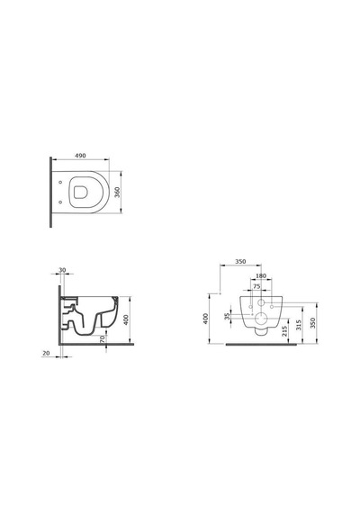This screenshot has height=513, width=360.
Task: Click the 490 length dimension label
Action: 80,156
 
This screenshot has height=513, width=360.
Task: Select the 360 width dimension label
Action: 118,192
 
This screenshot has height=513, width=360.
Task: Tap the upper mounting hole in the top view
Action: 60,182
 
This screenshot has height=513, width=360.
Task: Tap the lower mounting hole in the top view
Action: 60,202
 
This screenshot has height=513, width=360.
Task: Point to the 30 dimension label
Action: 62,270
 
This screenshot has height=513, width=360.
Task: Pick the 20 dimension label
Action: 46,353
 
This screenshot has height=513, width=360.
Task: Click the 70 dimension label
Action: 102,338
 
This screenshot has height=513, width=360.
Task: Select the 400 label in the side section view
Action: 126,319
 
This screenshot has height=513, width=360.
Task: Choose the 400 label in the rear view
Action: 205,319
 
